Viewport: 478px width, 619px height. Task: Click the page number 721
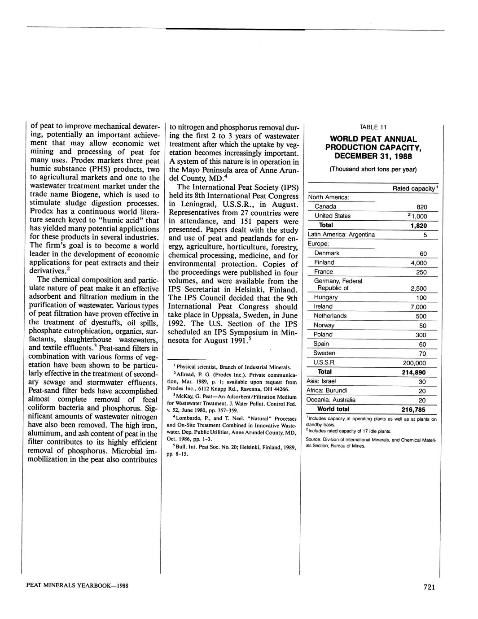[429, 588]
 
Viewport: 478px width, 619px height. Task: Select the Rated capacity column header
[414, 188]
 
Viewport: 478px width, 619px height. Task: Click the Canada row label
[325, 206]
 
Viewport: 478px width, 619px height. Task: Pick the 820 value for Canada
[421, 207]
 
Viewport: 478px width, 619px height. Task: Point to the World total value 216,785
[413, 409]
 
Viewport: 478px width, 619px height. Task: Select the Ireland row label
[323, 306]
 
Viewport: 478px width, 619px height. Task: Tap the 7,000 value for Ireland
[418, 307]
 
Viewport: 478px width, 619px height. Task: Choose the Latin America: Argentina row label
[341, 235]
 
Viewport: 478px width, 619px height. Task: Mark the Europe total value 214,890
[413, 372]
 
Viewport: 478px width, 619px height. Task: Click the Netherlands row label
[330, 316]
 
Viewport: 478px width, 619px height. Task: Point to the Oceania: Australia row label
[331, 400]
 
